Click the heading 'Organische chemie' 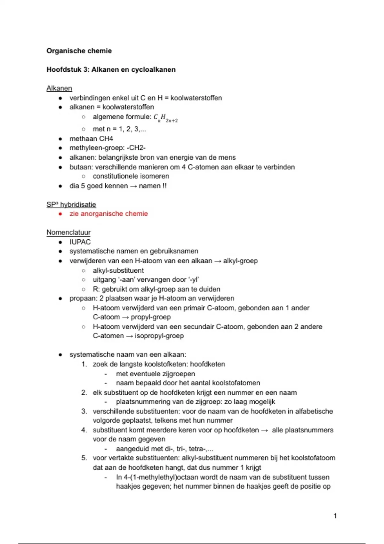tap(79, 51)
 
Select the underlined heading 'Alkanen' tap(59, 88)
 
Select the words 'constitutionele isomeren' tap(131, 176)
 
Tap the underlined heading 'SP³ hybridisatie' tap(71, 204)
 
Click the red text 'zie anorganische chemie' tap(108, 214)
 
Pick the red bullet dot tap(60, 214)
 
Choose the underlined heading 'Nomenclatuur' tap(68, 232)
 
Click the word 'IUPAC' tap(80, 242)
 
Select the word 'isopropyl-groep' tap(159, 336)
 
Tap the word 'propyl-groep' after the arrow tap(151, 317)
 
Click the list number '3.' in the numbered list tap(84, 411)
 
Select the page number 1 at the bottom tap(335, 516)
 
